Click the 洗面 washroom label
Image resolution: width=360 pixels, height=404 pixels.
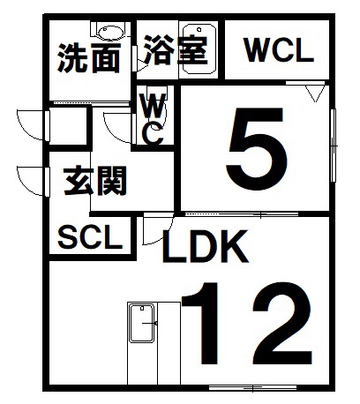tap(89, 58)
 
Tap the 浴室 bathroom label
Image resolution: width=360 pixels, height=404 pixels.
tap(176, 50)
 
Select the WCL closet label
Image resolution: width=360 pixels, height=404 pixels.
tap(279, 50)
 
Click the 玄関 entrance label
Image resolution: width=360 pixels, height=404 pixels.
tap(95, 181)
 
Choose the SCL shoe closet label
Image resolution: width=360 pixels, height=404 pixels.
tap(90, 237)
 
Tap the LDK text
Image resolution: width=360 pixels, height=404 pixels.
tap(205, 246)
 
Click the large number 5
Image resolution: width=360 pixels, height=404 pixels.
tap(257, 149)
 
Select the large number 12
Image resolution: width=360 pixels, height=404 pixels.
tap(246, 324)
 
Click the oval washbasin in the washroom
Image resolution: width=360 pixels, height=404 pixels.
tap(110, 33)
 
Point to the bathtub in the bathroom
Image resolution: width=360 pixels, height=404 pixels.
tap(199, 49)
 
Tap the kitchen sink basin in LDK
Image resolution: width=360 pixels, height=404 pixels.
tap(142, 324)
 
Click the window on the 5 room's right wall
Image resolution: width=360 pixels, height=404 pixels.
tap(334, 146)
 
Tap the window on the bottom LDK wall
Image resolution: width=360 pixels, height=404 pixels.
tap(252, 388)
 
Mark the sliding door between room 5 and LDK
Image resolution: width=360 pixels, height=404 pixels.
tap(242, 214)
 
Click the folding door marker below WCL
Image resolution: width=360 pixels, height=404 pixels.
tap(315, 93)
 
